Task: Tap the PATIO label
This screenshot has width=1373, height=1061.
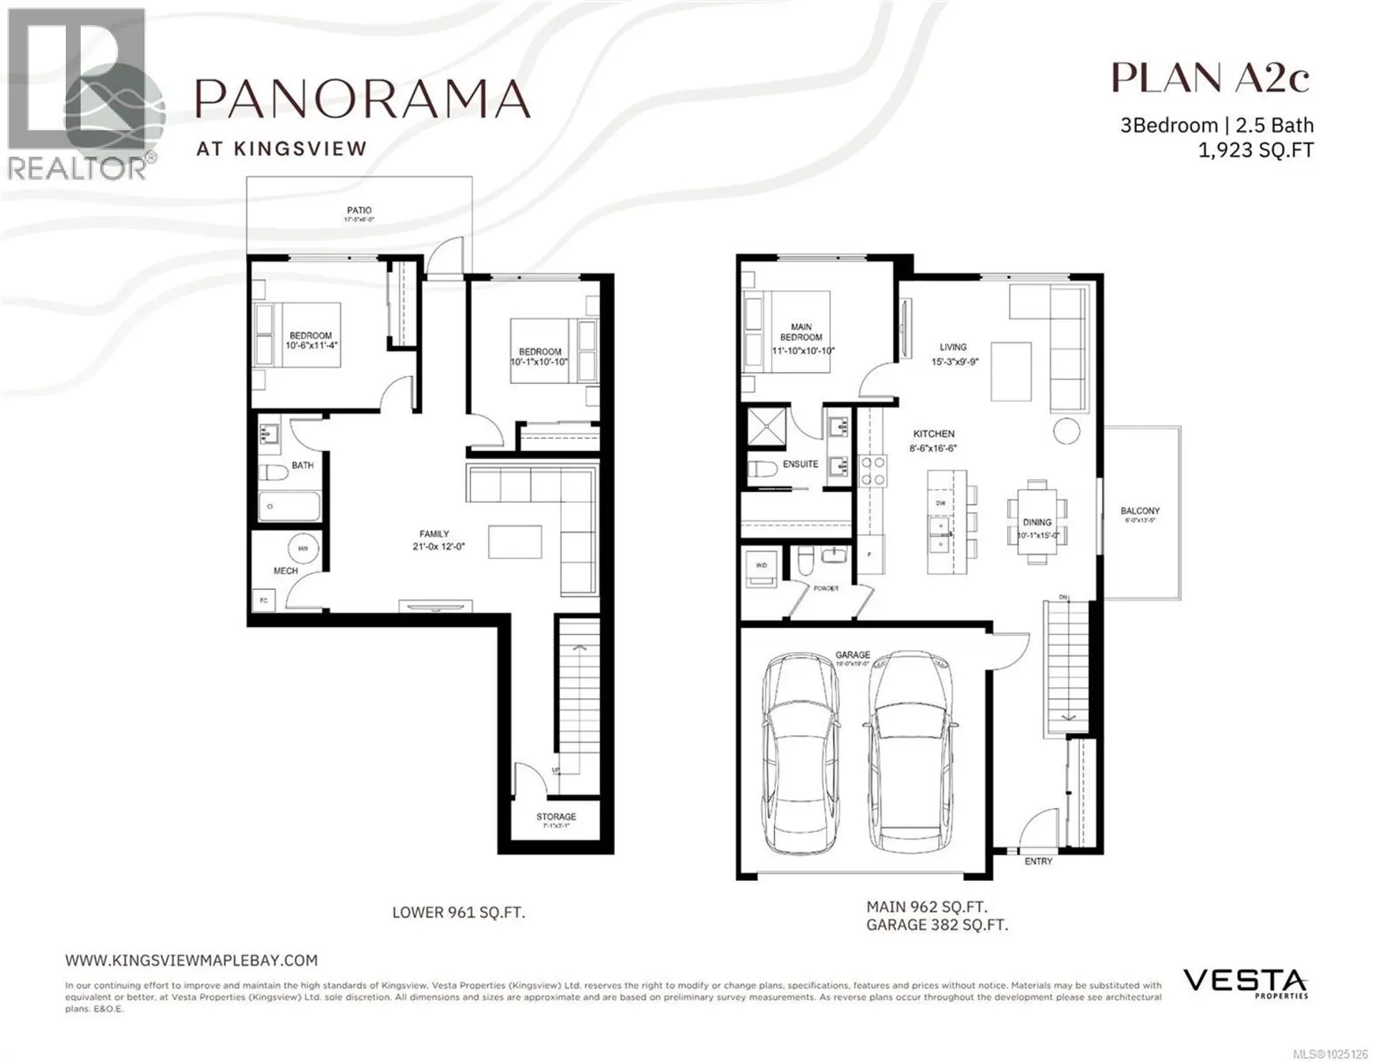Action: [x=359, y=210]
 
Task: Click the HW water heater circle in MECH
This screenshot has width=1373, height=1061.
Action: [x=303, y=548]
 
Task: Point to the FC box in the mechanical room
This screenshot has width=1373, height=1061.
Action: [x=264, y=601]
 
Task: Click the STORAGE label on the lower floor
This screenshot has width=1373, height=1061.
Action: [x=556, y=816]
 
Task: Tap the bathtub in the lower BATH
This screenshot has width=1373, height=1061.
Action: [x=288, y=506]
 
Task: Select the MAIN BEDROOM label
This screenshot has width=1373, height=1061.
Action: [x=801, y=332]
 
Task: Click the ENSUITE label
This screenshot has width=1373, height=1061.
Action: [x=800, y=464]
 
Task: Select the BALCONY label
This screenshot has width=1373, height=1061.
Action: [x=1140, y=511]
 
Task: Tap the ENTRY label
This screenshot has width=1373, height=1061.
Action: [x=1038, y=862]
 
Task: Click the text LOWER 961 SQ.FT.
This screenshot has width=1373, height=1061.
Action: [x=458, y=913]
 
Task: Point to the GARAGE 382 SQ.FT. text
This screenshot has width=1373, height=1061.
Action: [x=937, y=925]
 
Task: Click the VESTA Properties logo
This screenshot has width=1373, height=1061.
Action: [x=1245, y=982]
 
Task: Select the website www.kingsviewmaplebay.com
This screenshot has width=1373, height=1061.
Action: [x=191, y=960]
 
